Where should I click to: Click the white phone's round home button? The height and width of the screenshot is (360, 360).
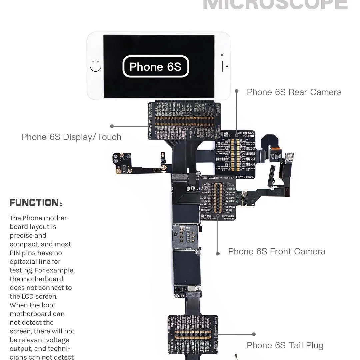[96, 66]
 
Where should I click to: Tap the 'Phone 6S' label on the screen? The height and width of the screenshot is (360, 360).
[155, 67]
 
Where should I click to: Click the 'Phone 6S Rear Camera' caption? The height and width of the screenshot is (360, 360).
[294, 92]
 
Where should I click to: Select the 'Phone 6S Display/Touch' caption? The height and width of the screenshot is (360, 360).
[71, 137]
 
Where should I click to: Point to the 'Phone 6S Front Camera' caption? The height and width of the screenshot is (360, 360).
[277, 251]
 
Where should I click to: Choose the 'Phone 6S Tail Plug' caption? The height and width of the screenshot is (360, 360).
[285, 345]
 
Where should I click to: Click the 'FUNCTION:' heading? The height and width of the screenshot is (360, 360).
[36, 203]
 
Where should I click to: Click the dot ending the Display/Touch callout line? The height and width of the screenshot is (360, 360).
[112, 126]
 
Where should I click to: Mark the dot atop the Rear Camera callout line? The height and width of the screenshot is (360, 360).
[237, 91]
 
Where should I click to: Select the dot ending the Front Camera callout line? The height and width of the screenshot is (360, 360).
[218, 254]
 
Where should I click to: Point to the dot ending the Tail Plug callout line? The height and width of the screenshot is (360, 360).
[254, 334]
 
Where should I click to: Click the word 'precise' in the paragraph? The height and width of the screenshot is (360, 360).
[21, 235]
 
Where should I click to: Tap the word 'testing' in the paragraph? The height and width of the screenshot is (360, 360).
[20, 270]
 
